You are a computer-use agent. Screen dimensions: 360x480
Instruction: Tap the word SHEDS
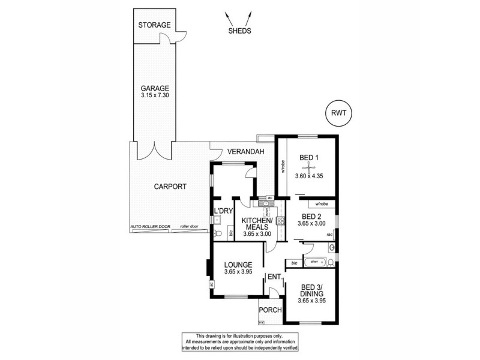coord(239,31)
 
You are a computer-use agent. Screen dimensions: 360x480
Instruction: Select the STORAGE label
coord(154,25)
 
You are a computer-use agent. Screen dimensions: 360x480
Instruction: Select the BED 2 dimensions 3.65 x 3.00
coord(313,224)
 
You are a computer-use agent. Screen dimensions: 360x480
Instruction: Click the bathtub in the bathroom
coord(316,262)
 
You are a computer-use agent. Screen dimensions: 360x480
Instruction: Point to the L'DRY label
coord(223,211)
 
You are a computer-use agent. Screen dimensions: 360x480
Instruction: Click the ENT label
coord(274,277)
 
